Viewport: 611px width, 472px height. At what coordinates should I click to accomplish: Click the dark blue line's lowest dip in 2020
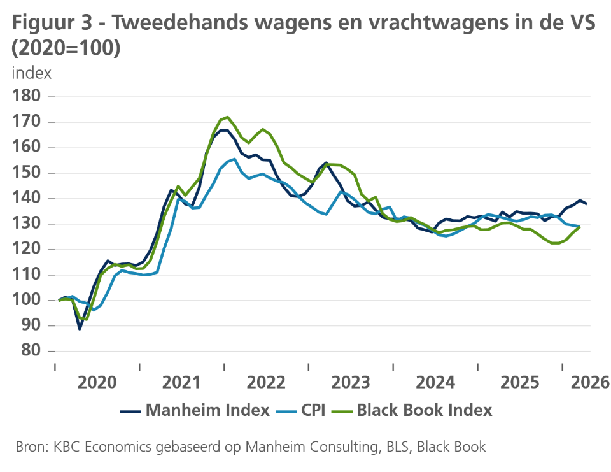coord(80,329)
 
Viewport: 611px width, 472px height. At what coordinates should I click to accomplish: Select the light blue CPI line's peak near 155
coord(235,159)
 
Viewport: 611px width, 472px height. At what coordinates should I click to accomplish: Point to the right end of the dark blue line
coord(586,203)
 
